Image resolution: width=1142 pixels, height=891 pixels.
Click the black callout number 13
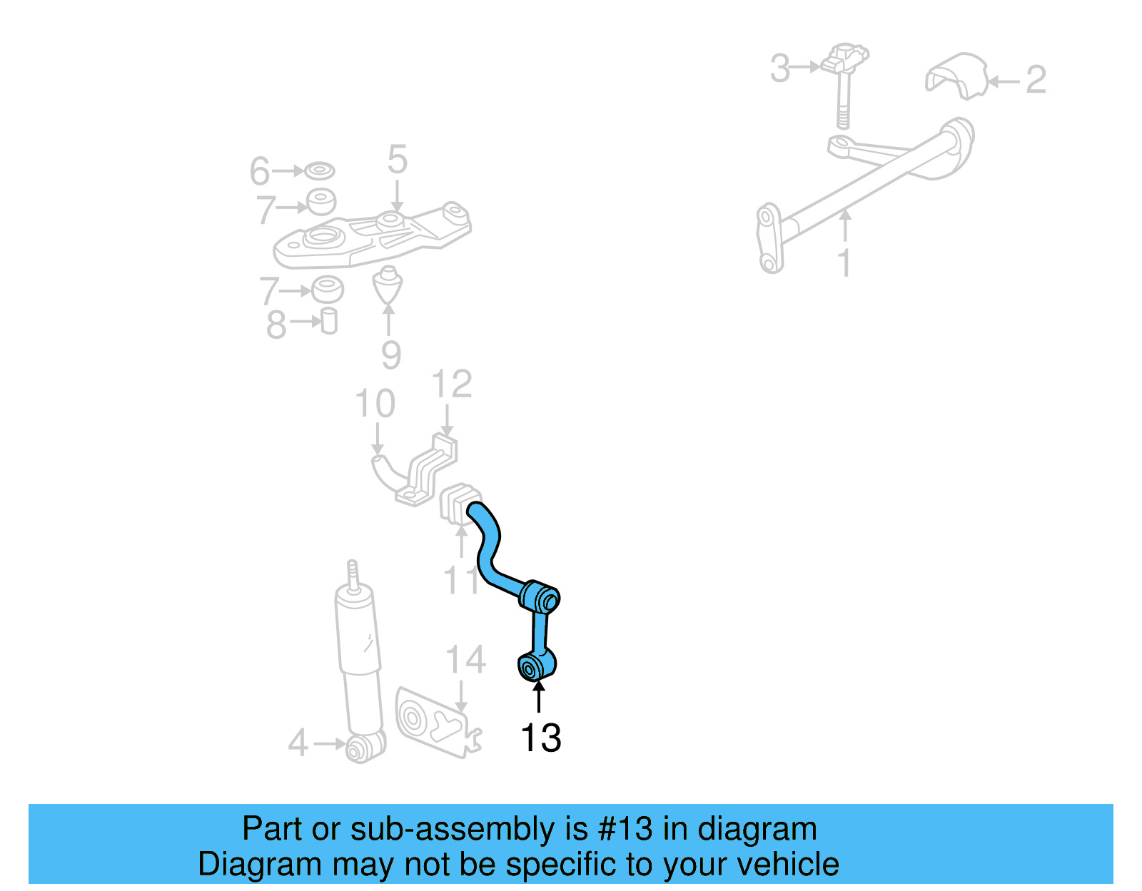pos(540,738)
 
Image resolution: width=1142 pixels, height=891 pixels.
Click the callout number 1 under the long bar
pos(844,263)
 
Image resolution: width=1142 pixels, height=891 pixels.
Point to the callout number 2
pos(1035,79)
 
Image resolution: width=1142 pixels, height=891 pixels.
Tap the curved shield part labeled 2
pos(956,75)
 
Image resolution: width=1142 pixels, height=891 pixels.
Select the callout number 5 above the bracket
pos(397,160)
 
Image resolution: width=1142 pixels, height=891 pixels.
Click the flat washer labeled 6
pos(319,171)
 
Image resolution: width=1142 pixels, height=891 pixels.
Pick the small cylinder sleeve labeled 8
pos(328,321)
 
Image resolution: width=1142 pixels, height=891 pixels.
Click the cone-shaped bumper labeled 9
pos(388,285)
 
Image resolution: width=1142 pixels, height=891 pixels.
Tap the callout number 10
pos(375,404)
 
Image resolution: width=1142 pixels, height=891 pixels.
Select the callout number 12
pos(452,385)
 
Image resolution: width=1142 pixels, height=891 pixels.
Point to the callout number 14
pos(465,660)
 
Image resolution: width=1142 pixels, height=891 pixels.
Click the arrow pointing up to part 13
pos(538,696)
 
